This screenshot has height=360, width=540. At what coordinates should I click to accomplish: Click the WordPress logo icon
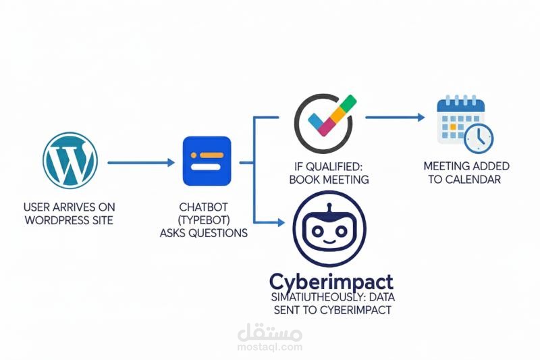coord(70,160)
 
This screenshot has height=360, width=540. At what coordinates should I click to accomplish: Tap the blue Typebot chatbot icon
coord(207,161)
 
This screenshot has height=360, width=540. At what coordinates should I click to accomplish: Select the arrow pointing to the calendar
coord(395,118)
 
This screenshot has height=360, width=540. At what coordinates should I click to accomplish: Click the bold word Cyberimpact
coord(331,281)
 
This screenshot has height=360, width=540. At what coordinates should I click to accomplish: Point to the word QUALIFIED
coord(340,166)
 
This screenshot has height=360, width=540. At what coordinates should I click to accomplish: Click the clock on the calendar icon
coord(479,138)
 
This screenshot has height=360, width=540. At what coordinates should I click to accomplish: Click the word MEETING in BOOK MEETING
coord(346,180)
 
